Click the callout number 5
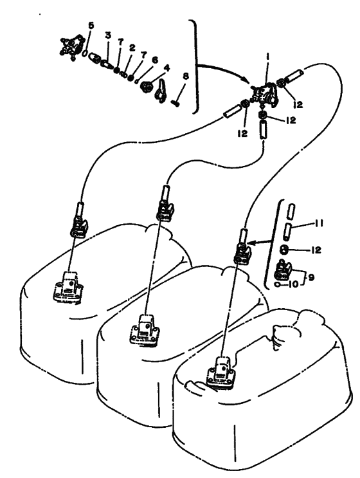pyautogui.click(x=91, y=25)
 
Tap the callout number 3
pyautogui.click(x=108, y=35)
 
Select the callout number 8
pyautogui.click(x=186, y=77)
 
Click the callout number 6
pyautogui.click(x=155, y=59)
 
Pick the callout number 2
pyautogui.click(x=132, y=48)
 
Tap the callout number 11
pyautogui.click(x=318, y=223)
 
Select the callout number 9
pyautogui.click(x=311, y=277)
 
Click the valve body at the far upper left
pyautogui.click(x=71, y=46)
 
